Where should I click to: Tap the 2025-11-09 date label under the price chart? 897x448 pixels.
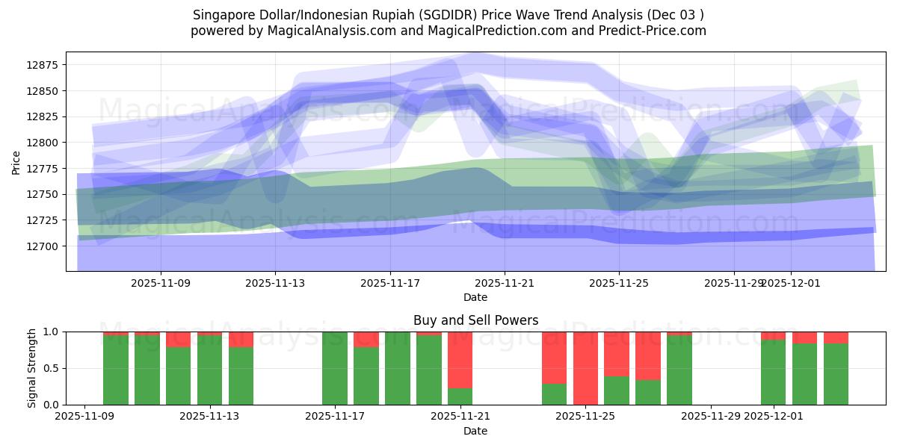(161, 283)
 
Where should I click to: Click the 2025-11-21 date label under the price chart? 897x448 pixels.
(505, 283)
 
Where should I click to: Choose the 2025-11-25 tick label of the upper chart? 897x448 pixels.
(619, 283)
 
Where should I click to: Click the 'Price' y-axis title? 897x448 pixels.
(16, 161)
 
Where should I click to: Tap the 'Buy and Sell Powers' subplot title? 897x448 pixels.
(475, 320)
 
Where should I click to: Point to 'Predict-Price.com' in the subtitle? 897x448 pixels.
(654, 31)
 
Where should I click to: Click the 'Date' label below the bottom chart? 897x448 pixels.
(475, 431)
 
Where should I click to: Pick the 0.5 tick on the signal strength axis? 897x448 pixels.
(51, 369)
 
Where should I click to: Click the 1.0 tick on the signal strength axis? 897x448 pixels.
(51, 332)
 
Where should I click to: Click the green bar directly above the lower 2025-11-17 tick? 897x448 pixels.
(335, 370)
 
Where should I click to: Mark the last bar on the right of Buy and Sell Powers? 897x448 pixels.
(836, 373)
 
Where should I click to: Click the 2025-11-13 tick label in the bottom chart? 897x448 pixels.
(210, 417)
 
